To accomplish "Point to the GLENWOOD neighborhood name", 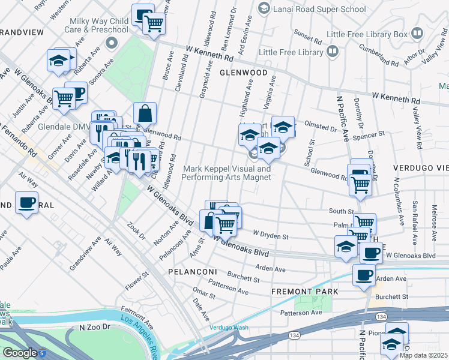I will click(x=243, y=72).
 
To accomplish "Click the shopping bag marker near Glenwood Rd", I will click(x=145, y=113).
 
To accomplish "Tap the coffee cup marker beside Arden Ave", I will click(x=364, y=275).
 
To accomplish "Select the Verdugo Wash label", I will click(x=229, y=328).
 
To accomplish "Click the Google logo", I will click(x=19, y=353).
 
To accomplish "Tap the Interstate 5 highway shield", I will click(x=42, y=354).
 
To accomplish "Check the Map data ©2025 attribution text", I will click(x=423, y=355).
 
